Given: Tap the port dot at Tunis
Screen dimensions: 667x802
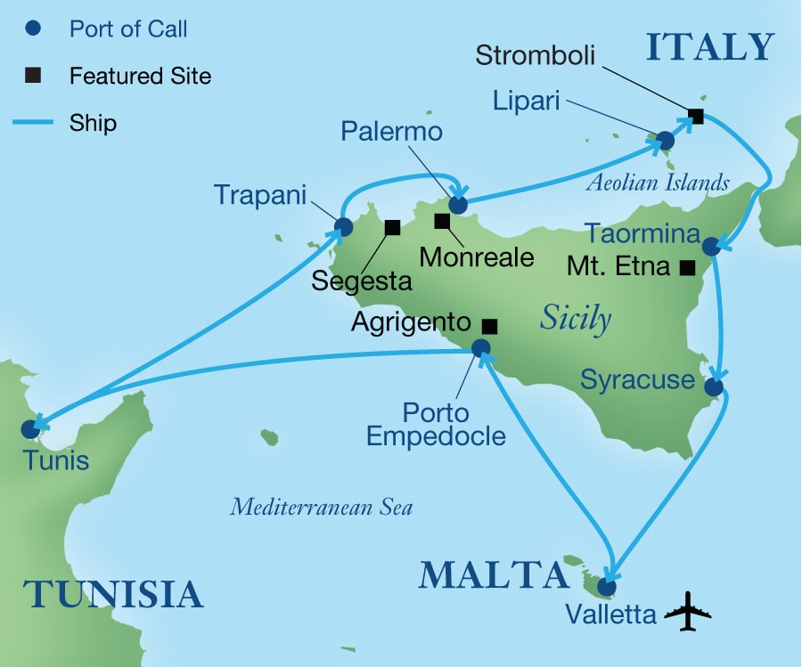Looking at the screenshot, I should (x=31, y=429).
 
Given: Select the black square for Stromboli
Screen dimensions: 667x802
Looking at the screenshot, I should (x=696, y=116).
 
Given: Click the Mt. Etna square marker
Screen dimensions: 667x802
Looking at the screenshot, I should (x=686, y=266).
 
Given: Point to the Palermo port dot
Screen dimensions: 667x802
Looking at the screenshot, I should (x=458, y=205).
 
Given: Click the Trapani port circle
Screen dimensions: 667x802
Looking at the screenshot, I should (x=343, y=226).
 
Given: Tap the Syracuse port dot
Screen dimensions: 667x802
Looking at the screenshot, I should (x=714, y=387).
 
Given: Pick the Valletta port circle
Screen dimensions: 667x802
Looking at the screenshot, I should (x=606, y=587).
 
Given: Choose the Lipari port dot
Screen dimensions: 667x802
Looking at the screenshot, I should (x=665, y=141).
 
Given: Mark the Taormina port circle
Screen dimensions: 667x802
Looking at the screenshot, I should (x=711, y=246).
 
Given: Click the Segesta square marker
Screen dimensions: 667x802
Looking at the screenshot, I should (x=391, y=227).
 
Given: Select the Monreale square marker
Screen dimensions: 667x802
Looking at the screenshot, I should (x=441, y=220).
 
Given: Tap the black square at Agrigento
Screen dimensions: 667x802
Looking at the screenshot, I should (x=488, y=325).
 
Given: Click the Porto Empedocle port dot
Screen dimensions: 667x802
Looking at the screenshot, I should (x=480, y=348).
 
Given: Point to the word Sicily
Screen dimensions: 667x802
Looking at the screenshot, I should (x=575, y=319).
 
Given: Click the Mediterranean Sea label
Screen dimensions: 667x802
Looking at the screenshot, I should (x=321, y=508).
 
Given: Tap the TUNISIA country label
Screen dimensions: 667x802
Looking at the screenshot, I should (x=113, y=593).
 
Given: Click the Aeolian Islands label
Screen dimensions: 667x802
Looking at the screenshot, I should (x=658, y=183).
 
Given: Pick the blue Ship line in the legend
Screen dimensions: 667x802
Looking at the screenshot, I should (x=36, y=122).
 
